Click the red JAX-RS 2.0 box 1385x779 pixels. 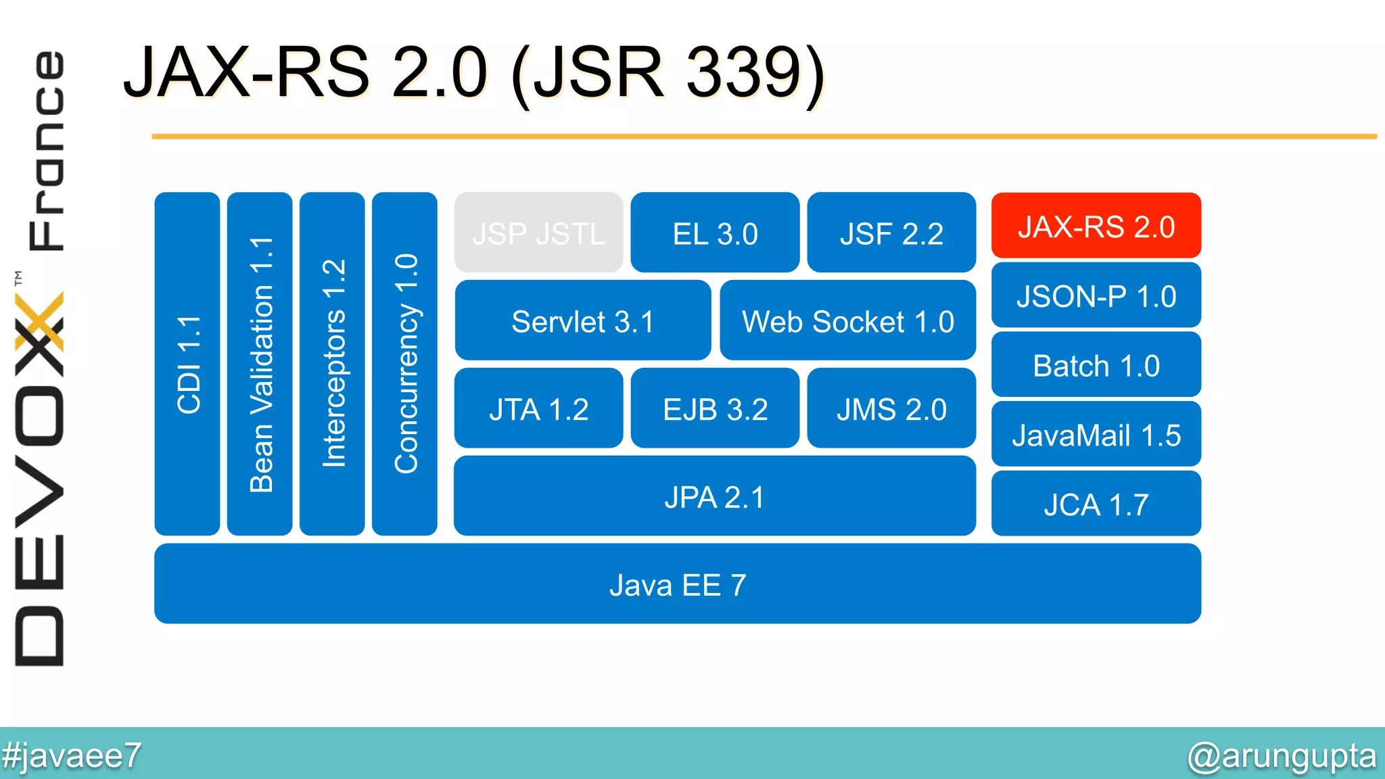1096,226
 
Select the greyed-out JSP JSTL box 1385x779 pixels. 538,233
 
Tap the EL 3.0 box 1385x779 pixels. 715,233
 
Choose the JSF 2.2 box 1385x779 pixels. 891,233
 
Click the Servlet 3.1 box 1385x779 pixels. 582,321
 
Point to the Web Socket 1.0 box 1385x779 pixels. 847,321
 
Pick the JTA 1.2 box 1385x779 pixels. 538,409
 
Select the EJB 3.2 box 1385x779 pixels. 715,409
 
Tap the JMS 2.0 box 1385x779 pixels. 891,409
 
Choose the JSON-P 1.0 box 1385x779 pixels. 1096,296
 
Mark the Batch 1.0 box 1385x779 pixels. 1096,366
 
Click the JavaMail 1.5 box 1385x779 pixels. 1096,435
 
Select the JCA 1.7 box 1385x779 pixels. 1096,504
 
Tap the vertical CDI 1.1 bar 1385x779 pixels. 187,364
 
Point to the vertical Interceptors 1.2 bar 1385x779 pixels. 332,364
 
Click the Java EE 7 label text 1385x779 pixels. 677,585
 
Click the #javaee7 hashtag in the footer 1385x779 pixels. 71,755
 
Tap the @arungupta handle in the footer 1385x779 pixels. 1282,755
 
